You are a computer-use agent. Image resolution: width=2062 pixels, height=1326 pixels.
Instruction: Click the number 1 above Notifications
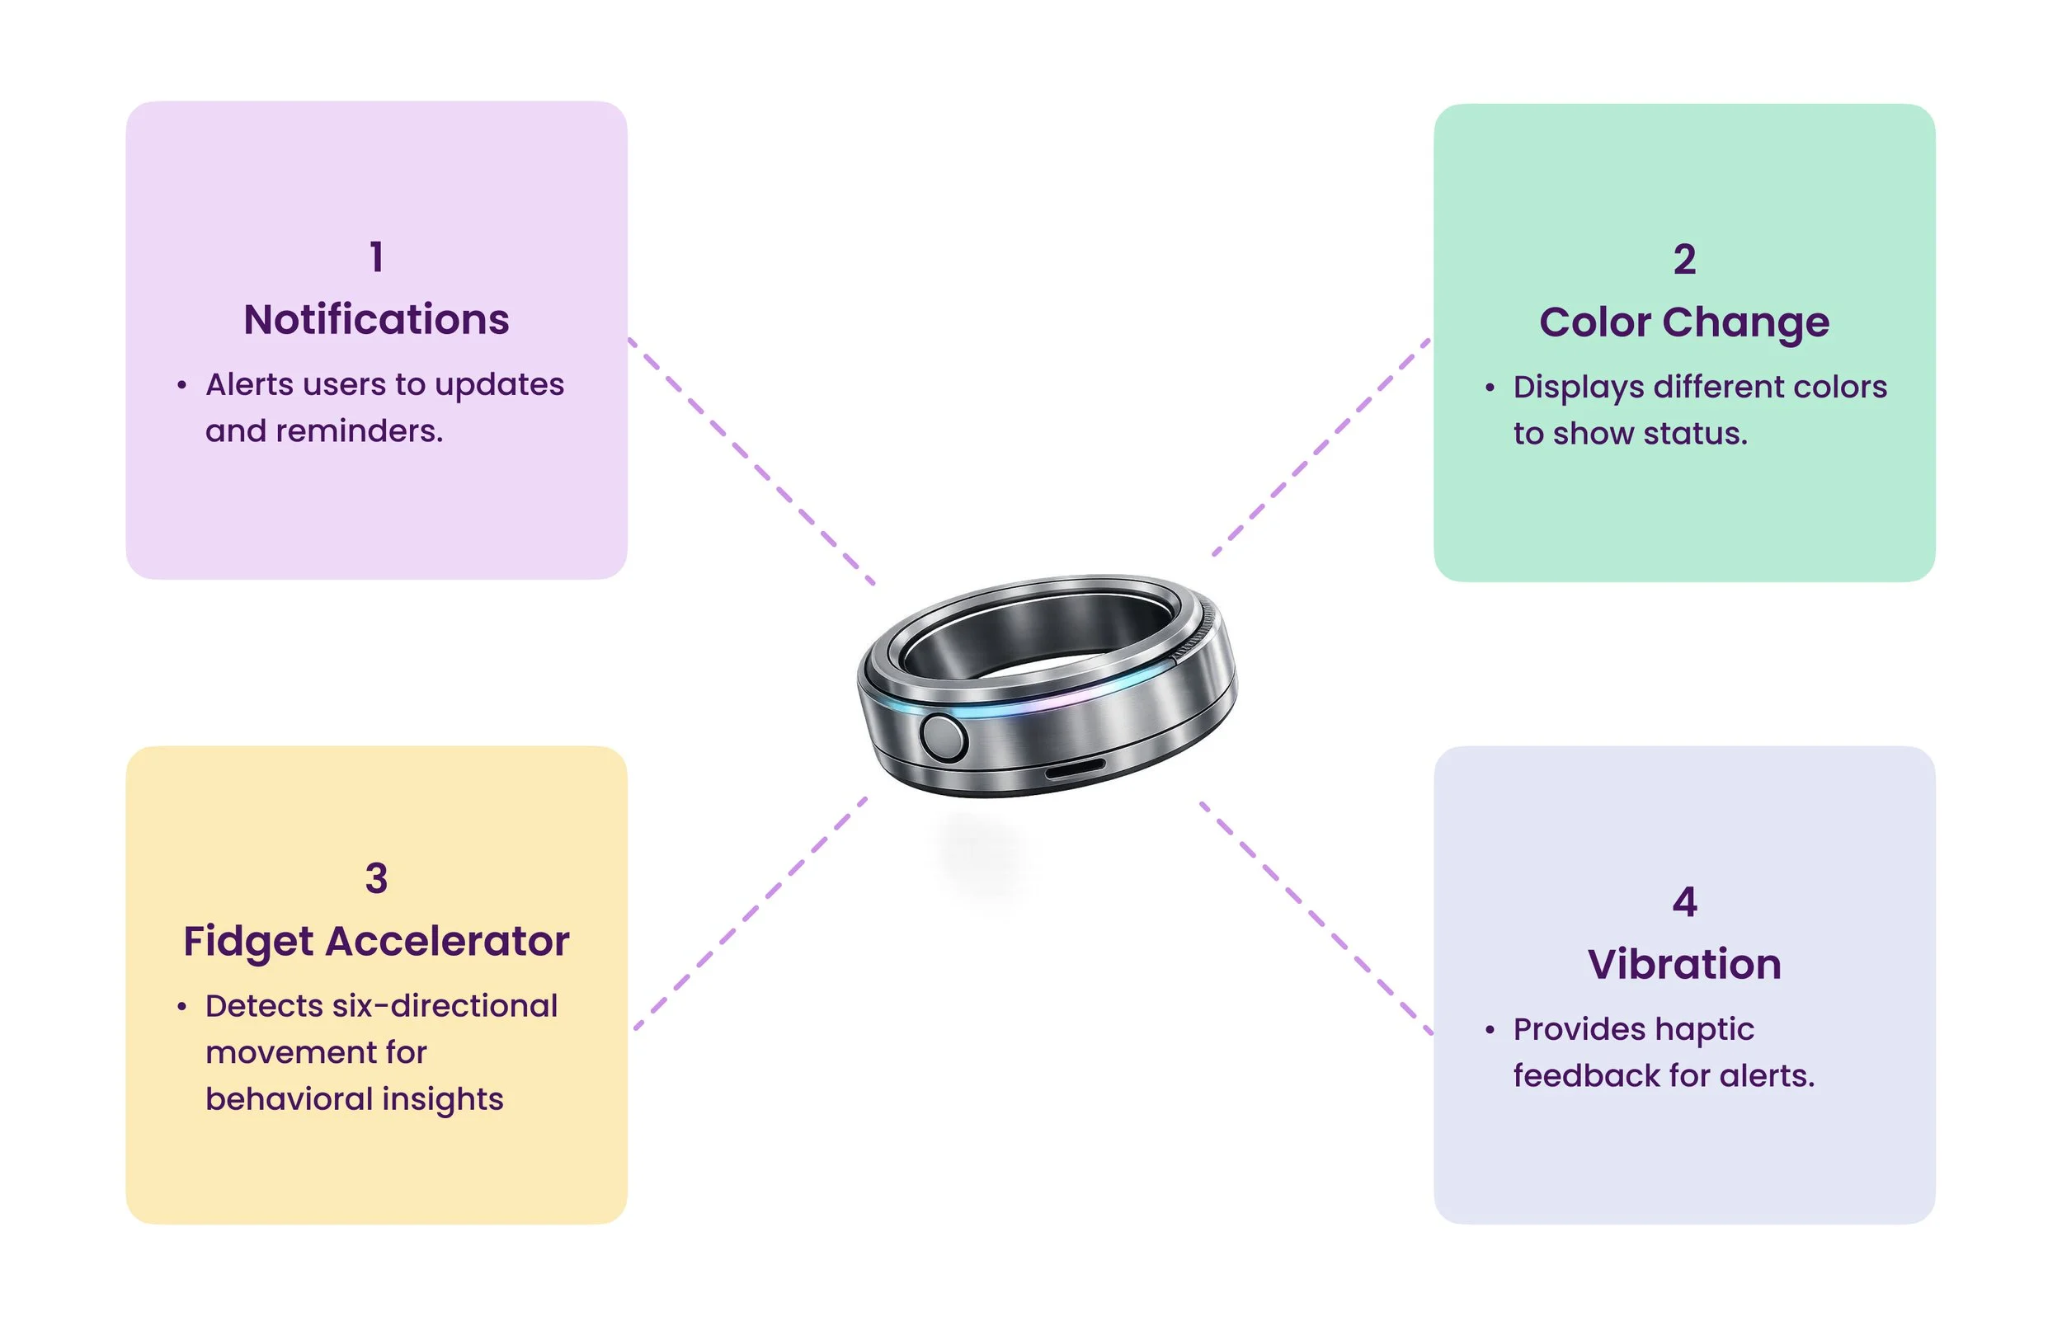[x=375, y=256]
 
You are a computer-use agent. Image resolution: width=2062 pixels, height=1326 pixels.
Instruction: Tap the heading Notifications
[x=375, y=319]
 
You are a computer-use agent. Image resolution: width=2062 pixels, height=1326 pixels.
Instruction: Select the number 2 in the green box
[x=1683, y=259]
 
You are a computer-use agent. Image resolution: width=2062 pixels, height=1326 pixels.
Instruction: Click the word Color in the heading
[x=1593, y=322]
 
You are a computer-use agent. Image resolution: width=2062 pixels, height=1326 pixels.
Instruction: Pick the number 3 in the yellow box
[x=375, y=878]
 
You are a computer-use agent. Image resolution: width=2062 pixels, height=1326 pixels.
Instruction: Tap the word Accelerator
[x=447, y=941]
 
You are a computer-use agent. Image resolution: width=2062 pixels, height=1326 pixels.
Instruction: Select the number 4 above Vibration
[x=1683, y=901]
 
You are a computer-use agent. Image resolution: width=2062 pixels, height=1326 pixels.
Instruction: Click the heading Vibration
[x=1683, y=964]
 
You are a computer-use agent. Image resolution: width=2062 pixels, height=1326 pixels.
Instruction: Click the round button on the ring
[x=943, y=738]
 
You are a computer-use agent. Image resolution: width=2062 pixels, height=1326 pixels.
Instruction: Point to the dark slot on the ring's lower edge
[x=1074, y=768]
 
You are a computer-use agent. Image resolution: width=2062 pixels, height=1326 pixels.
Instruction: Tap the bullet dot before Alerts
[x=181, y=386]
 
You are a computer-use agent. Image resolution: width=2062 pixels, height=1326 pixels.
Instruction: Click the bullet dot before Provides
[x=1489, y=1030]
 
